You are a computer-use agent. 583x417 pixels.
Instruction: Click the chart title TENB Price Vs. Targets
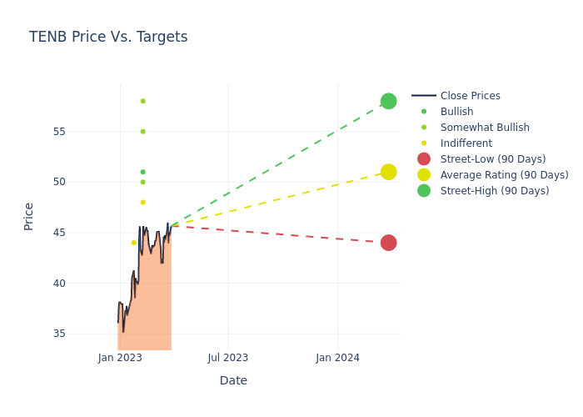tap(108, 37)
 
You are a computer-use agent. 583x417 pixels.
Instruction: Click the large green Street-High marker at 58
tap(388, 101)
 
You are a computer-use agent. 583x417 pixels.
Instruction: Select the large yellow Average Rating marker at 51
tap(388, 172)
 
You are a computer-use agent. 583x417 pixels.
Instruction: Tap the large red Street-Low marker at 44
tap(388, 243)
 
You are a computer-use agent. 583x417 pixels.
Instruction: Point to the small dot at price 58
tap(142, 101)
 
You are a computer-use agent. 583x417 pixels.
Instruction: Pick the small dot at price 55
tap(142, 131)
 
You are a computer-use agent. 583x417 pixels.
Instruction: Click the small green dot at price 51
tap(142, 172)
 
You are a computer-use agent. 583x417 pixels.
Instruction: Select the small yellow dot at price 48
tap(142, 202)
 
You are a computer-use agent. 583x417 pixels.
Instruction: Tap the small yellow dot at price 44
tap(133, 243)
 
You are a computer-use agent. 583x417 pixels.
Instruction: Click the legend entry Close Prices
tap(470, 96)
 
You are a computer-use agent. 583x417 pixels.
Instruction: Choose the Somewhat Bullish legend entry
tap(485, 128)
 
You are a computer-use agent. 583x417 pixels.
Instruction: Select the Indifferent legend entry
tap(466, 143)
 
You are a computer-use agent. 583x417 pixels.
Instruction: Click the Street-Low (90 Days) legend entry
tap(492, 159)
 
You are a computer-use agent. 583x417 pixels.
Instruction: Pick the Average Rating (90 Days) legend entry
tap(504, 175)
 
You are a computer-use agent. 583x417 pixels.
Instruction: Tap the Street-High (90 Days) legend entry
tap(494, 191)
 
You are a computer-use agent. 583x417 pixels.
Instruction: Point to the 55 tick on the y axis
tap(82, 131)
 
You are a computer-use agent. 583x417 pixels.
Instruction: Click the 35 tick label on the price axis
tap(82, 334)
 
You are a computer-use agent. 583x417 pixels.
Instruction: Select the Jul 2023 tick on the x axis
tap(228, 358)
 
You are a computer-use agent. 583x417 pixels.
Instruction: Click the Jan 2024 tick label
tap(338, 358)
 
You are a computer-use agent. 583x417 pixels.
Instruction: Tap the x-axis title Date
tap(233, 380)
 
